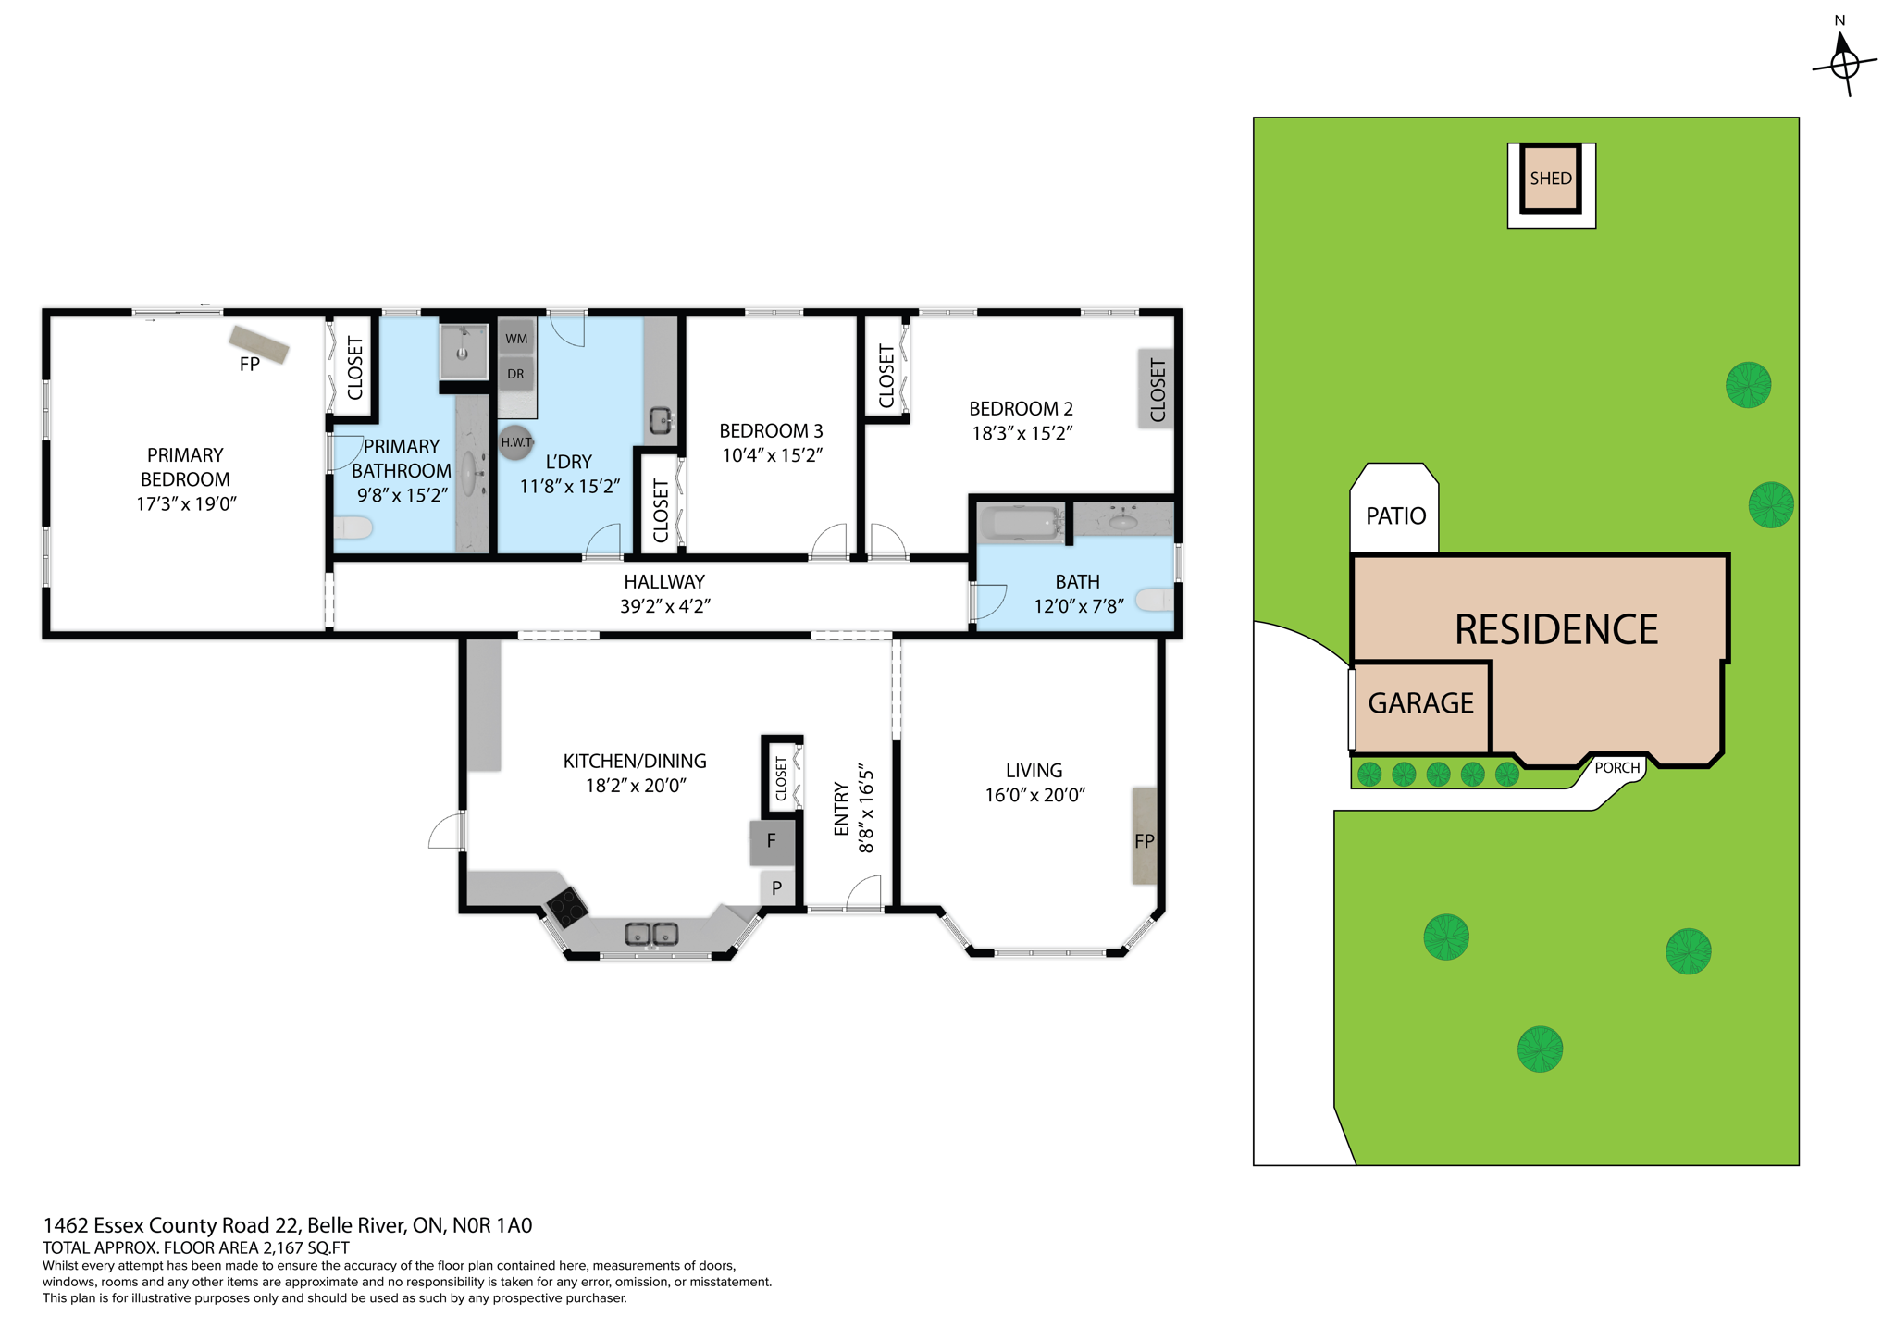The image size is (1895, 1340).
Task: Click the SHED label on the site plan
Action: click(x=1550, y=179)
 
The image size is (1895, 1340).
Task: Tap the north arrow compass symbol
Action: click(x=1844, y=64)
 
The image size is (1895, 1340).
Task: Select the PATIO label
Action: click(x=1395, y=515)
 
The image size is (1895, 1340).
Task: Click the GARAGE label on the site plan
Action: click(x=1420, y=703)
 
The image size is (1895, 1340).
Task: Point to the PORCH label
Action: click(x=1616, y=767)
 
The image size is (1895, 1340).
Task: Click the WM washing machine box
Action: click(x=516, y=339)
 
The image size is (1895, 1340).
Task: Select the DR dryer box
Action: click(x=515, y=374)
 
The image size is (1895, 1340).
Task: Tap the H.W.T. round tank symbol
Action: click(x=515, y=442)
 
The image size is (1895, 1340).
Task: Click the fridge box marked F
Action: click(x=771, y=841)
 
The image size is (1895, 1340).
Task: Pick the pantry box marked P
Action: click(x=776, y=887)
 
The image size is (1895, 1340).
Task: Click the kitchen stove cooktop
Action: click(x=566, y=907)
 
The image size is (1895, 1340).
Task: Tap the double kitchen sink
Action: click(x=651, y=934)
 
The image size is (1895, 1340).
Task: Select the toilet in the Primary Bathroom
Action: click(x=353, y=527)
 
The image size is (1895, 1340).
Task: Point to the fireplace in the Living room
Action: click(x=1145, y=836)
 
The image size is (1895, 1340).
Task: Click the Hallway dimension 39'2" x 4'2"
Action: click(x=664, y=606)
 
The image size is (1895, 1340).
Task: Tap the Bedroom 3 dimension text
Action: click(x=772, y=455)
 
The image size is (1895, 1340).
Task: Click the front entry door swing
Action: click(x=864, y=894)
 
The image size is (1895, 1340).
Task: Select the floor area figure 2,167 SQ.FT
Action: click(x=306, y=1247)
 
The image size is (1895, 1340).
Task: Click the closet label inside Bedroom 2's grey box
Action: click(x=1157, y=390)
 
